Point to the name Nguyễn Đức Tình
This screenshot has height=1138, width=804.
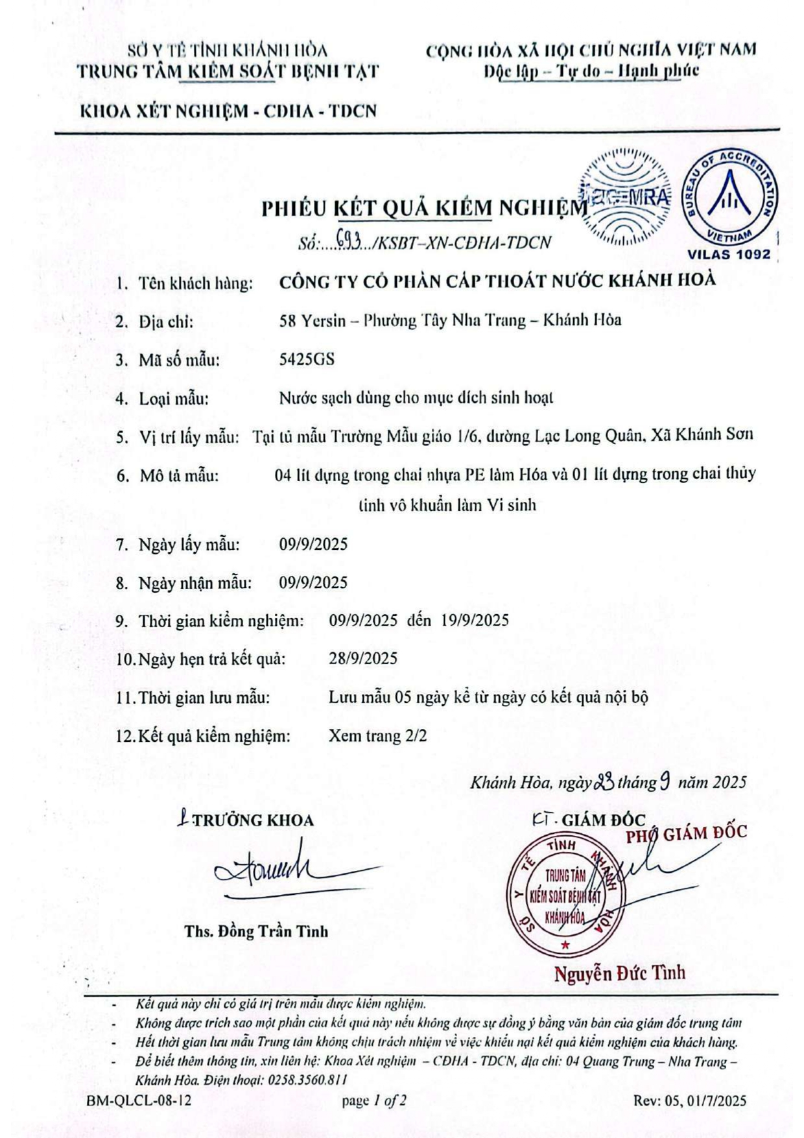619,973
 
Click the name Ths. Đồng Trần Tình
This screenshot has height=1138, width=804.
256,931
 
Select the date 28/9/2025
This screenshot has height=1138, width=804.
363,659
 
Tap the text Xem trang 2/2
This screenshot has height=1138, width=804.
377,736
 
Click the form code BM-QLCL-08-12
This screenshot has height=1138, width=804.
139,1100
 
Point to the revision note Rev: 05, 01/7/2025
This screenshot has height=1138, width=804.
690,1100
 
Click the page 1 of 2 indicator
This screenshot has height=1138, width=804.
374,1100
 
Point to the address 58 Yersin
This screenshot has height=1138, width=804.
312,320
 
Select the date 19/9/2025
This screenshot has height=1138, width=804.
475,621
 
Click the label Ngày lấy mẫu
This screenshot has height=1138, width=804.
189,545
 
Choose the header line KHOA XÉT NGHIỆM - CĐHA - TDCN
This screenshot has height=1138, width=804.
228,111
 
